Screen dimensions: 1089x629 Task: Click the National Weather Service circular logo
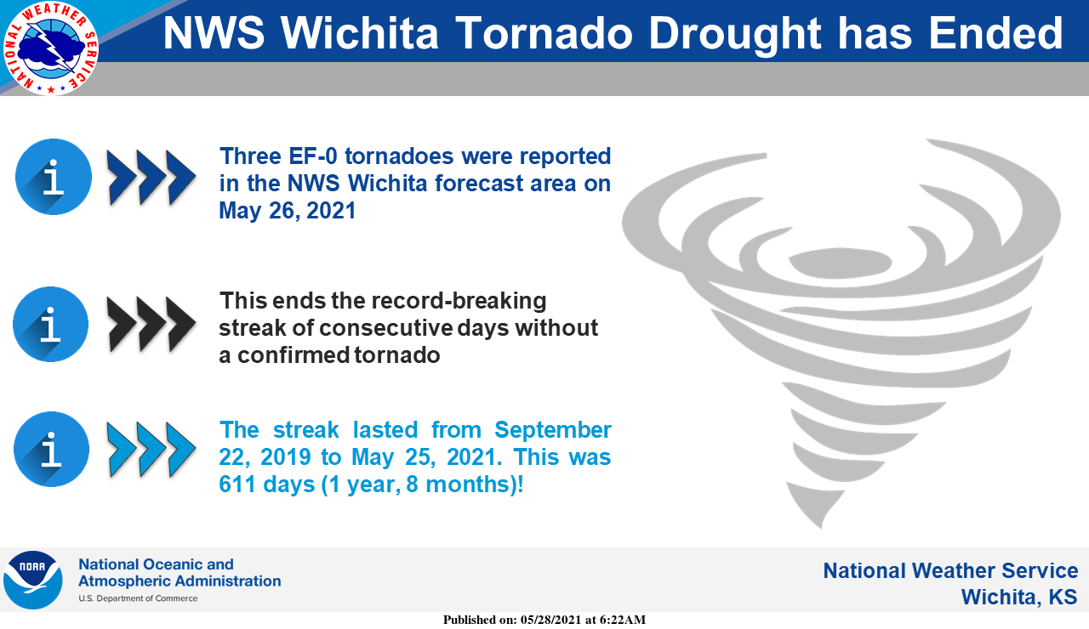coord(50,48)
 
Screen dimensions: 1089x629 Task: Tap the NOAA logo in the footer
coord(33,580)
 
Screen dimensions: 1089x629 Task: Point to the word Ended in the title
coord(995,33)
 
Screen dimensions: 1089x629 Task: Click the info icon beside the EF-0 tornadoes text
coord(54,177)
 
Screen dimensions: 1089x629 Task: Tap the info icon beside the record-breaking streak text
coord(50,324)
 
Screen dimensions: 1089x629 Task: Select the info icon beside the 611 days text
coord(52,450)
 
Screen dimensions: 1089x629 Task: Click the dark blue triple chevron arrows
coord(151,178)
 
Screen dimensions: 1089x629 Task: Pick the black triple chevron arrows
coord(151,324)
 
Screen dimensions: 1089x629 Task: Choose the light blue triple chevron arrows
coord(151,450)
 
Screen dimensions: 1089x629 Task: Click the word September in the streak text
coord(553,431)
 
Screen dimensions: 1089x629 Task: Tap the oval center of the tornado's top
coord(840,263)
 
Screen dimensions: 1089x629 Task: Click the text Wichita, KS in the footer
coord(1019,597)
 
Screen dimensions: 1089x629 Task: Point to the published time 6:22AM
coord(622,620)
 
